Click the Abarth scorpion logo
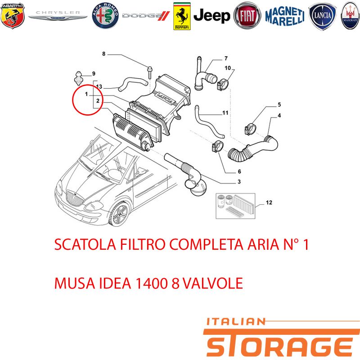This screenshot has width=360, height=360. pos(13,16)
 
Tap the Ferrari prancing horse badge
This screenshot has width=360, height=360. pos(182,16)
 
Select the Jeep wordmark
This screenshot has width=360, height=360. pos(211,16)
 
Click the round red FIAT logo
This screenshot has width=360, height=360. pos(247,16)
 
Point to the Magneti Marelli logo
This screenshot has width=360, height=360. pos(285,16)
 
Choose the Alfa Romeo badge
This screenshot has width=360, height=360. pos(105,16)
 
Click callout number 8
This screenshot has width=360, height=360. pos(104,54)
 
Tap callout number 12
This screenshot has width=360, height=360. pos(269,202)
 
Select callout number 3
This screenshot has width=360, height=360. pos(239,182)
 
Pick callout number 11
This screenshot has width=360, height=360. pos(225,113)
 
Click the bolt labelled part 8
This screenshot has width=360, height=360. pos(150,72)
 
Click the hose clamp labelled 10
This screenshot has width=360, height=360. pos(222,85)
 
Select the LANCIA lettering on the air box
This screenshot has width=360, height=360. pos(165,97)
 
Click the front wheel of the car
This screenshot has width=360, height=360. pos(120,214)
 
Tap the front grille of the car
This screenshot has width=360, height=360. pos(74,198)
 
